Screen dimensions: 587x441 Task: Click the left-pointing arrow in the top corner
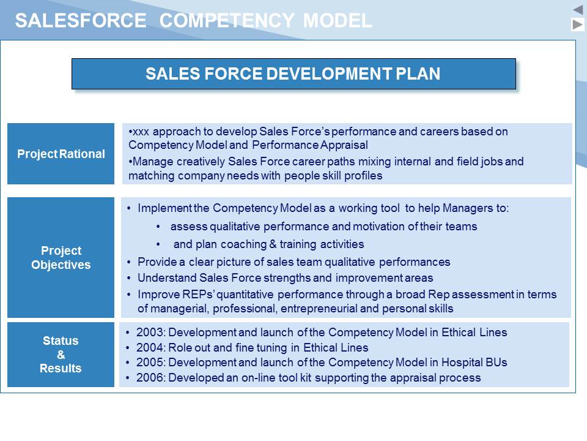click(578, 10)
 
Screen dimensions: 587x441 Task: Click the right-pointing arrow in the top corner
click(578, 24)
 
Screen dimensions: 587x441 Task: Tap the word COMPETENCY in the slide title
click(227, 20)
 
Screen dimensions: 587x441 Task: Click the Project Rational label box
click(61, 154)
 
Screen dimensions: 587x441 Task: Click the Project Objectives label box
click(61, 258)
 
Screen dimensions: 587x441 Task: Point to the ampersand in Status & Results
click(61, 355)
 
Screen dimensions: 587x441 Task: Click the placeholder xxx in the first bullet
click(141, 132)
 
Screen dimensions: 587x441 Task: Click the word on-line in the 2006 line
click(268, 378)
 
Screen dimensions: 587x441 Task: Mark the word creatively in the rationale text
click(201, 162)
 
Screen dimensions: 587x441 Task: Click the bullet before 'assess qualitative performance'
click(158, 227)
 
